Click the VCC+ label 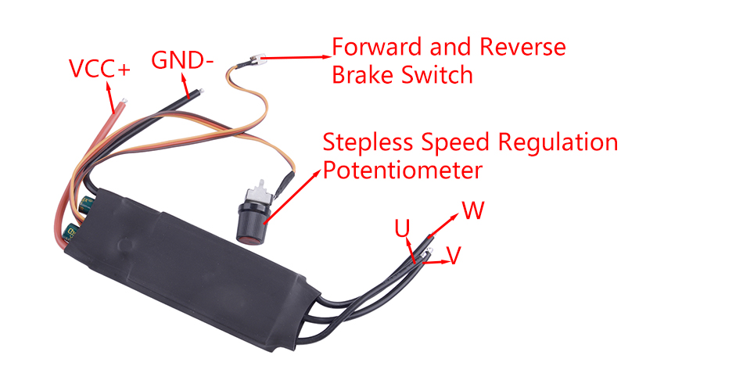pyautogui.click(x=99, y=69)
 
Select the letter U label pyautogui.click(x=402, y=228)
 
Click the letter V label pyautogui.click(x=453, y=255)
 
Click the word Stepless pyautogui.click(x=367, y=143)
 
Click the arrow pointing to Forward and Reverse pyautogui.click(x=297, y=56)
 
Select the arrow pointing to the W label pyautogui.click(x=446, y=223)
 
